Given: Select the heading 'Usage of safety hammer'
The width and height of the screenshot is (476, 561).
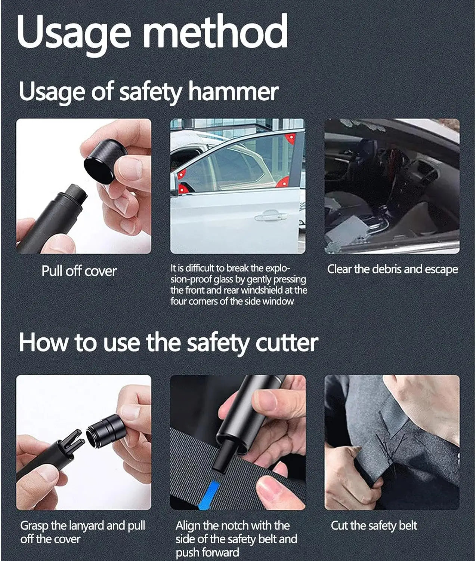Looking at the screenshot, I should (149, 92).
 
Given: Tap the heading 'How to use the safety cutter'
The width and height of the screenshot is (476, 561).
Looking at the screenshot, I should (168, 342).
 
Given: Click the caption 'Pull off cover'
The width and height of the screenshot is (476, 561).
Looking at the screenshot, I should (79, 271).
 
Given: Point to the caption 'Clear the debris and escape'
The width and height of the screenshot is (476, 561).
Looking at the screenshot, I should (392, 269).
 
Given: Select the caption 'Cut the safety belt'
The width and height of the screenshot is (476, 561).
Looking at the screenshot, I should (374, 526).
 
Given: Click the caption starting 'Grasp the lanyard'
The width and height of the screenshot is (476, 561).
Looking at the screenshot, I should (83, 532).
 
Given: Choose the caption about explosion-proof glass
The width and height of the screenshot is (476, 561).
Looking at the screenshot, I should (238, 285).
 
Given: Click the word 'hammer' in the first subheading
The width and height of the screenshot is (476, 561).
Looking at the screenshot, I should (234, 92).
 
